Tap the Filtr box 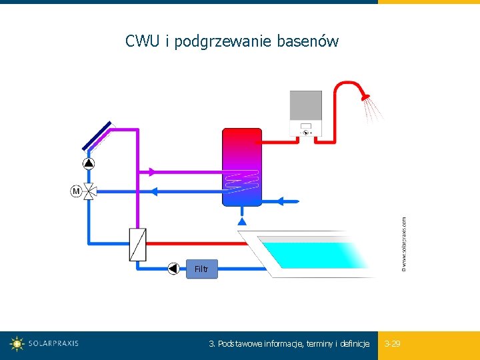[x=201, y=269]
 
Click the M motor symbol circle [x=76, y=191]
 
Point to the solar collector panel [x=97, y=136]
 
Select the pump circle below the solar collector [x=89, y=163]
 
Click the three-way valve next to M [x=89, y=191]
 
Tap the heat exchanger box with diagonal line [x=137, y=245]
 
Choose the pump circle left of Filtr [x=174, y=269]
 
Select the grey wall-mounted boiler [x=306, y=113]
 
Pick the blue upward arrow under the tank [x=242, y=219]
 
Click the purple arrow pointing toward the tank [x=154, y=172]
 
